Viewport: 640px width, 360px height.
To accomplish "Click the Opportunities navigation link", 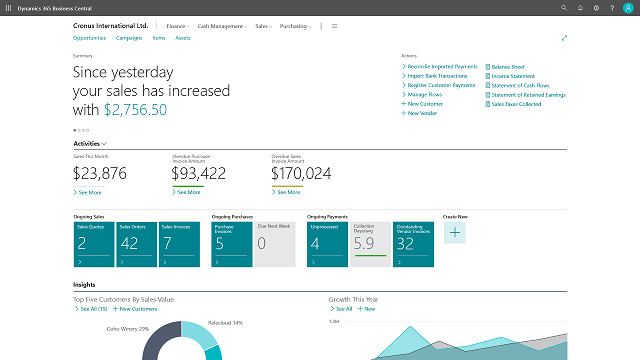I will (90, 37).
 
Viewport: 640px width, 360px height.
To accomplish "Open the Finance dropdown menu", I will (179, 26).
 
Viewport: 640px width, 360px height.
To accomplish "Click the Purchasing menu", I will (296, 26).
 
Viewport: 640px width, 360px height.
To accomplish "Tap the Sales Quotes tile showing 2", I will (93, 245).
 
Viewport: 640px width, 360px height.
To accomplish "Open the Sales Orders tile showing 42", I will (136, 245).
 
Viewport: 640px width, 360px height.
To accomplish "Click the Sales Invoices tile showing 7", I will (179, 245).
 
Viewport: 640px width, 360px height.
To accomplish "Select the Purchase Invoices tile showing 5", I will (232, 245).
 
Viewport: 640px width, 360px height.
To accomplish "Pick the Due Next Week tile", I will (275, 245).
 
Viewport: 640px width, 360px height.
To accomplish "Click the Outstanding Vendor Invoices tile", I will (412, 245).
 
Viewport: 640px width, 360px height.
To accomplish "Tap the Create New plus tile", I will (454, 233).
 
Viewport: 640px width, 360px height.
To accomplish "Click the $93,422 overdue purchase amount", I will (199, 173).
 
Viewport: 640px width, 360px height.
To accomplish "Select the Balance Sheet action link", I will (509, 66).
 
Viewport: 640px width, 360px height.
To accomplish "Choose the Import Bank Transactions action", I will (439, 76).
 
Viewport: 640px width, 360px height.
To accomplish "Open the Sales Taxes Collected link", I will (516, 104).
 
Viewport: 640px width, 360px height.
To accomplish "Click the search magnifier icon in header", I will (565, 8).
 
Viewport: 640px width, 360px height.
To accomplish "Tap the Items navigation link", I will (158, 37).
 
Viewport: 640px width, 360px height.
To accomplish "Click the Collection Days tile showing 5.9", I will (370, 245).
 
